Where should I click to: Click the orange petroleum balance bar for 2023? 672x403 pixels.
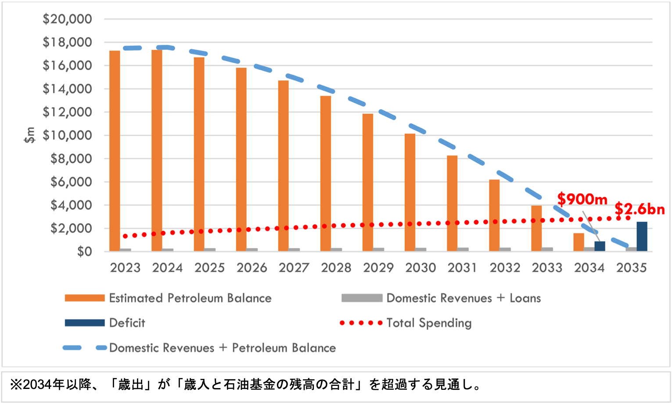click(x=115, y=151)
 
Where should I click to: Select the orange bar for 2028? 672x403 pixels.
click(x=326, y=173)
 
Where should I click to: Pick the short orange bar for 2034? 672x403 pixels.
click(x=579, y=242)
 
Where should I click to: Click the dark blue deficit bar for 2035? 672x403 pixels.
click(x=642, y=237)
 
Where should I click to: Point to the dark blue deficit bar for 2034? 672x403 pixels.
click(x=600, y=246)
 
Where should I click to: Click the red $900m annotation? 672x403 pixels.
click(x=582, y=199)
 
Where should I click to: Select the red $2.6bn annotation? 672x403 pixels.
click(x=640, y=209)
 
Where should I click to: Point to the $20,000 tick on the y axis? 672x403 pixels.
click(x=67, y=19)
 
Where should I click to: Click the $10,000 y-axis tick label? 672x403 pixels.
click(x=67, y=135)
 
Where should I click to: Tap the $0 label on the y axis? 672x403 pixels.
click(x=84, y=252)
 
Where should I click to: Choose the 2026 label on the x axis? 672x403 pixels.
click(x=252, y=268)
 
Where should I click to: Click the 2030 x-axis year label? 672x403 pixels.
click(x=420, y=268)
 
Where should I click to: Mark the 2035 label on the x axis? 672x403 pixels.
click(x=631, y=268)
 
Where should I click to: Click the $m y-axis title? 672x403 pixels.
click(x=29, y=135)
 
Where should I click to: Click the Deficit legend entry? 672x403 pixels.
click(x=127, y=323)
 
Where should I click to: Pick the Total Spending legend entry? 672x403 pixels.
click(x=428, y=323)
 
